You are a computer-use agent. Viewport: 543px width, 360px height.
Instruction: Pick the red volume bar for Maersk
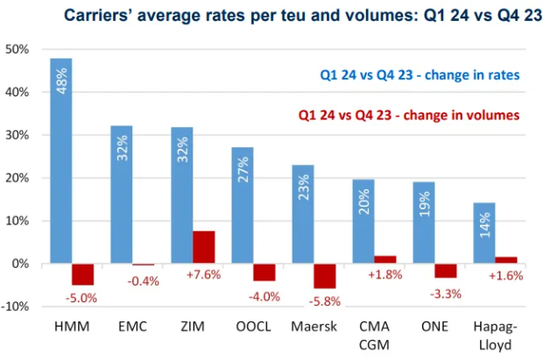click(325, 276)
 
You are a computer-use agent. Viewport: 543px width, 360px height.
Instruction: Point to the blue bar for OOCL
click(243, 205)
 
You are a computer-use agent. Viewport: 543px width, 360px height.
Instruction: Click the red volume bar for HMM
click(83, 274)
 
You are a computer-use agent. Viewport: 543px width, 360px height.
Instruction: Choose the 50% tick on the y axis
click(18, 49)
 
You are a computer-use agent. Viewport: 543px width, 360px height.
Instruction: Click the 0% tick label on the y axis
click(21, 264)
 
